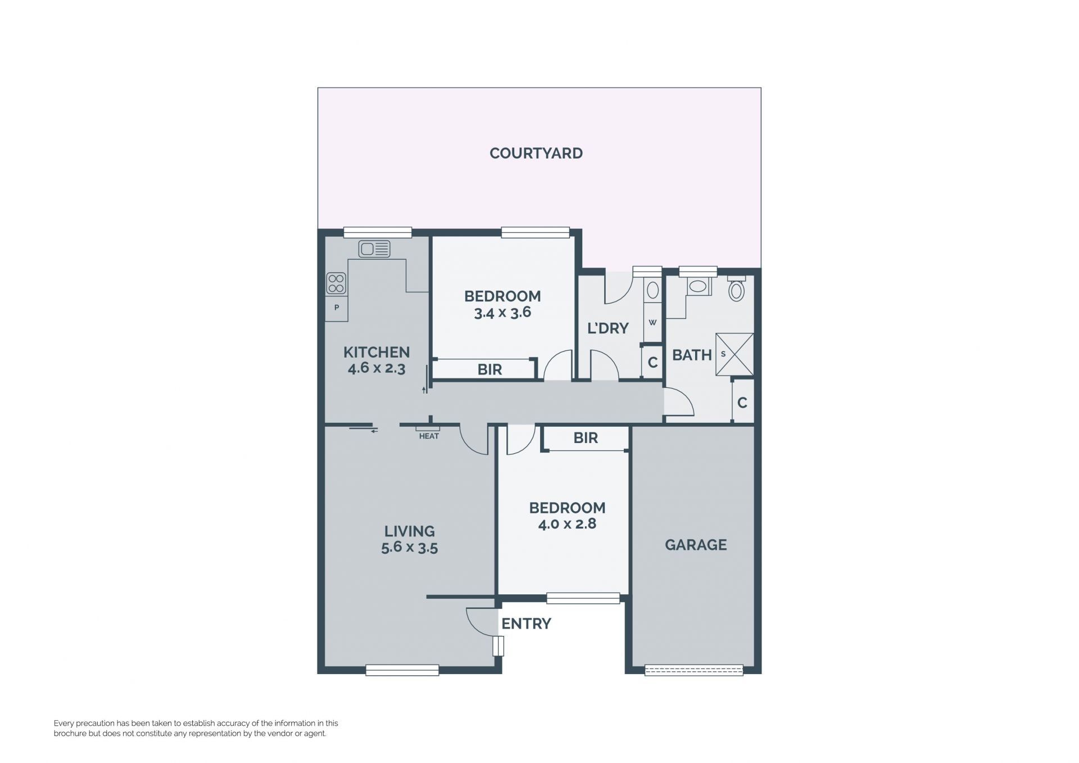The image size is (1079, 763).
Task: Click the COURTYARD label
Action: (x=536, y=153)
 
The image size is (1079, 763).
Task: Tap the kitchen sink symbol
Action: (x=374, y=249)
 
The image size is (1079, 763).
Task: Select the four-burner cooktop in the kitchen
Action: (x=336, y=283)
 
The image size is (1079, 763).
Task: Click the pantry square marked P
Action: (x=337, y=308)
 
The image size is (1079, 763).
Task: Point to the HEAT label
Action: (x=429, y=436)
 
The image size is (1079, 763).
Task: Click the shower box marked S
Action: (x=734, y=354)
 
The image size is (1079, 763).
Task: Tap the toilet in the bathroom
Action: (x=737, y=289)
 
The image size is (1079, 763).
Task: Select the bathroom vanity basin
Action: (x=698, y=286)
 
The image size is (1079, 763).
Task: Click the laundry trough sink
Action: (x=652, y=290)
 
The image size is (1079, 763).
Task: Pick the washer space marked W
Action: (x=652, y=323)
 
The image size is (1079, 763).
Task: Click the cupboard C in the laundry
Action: (x=652, y=362)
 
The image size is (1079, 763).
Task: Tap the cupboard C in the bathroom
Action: (x=742, y=402)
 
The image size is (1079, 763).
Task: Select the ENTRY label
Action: (x=526, y=624)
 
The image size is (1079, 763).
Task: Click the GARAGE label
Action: (x=696, y=545)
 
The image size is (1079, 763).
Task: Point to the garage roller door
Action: (x=694, y=670)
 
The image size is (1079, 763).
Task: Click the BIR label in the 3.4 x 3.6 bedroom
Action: (x=489, y=369)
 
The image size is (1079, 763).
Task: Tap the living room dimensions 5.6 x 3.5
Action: (x=409, y=548)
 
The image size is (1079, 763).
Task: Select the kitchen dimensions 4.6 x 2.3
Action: (x=377, y=369)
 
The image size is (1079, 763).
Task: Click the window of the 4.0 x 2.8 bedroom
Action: (x=583, y=598)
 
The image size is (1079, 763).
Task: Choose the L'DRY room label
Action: (x=607, y=328)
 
